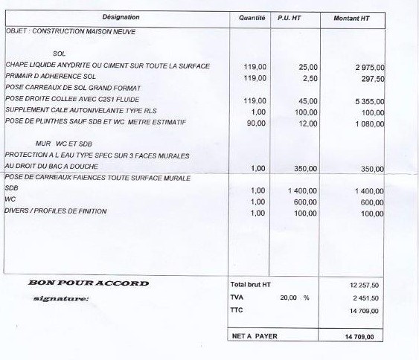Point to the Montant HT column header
(x=352, y=17)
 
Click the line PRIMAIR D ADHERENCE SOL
(x=51, y=77)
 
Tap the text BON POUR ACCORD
(x=89, y=283)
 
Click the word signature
(x=61, y=299)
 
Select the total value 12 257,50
(x=365, y=286)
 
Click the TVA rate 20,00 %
(x=295, y=298)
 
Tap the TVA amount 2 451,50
(x=366, y=298)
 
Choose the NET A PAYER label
(x=255, y=337)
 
